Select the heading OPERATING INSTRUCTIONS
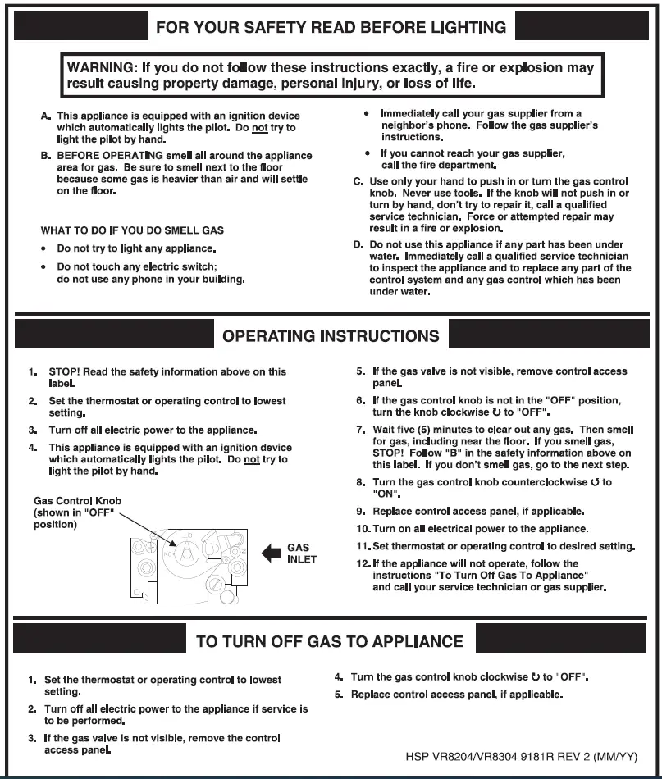(x=331, y=336)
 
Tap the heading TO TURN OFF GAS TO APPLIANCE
(x=330, y=641)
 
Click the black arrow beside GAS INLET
(x=271, y=553)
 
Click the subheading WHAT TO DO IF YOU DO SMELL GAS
(x=132, y=230)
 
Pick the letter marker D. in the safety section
(x=358, y=245)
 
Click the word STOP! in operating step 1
(x=64, y=371)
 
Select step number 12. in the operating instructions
(x=363, y=564)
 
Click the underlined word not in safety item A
(x=260, y=128)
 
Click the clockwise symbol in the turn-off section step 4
(x=536, y=677)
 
